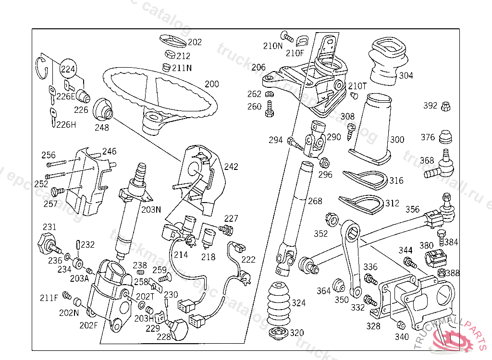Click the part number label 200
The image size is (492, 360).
tap(211, 84)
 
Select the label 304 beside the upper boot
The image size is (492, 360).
tap(406, 76)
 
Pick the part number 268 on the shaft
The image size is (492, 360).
tap(315, 201)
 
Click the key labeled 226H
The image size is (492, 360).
tap(52, 117)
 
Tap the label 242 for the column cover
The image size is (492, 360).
tap(231, 167)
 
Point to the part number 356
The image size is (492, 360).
tap(412, 209)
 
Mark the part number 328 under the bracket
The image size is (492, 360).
tap(373, 326)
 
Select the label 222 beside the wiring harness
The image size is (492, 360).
tap(248, 259)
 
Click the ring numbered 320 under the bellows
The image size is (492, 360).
tap(278, 333)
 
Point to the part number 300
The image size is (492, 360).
tap(397, 140)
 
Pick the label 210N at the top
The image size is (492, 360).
tap(273, 46)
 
